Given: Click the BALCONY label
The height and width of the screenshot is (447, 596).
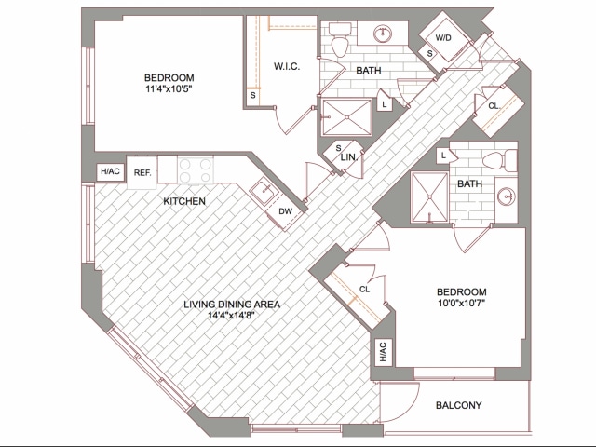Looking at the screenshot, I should pos(458,405).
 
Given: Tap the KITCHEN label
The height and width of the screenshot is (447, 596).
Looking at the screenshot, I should pos(184,201).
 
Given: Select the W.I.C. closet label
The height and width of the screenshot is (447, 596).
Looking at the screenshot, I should pos(285,66).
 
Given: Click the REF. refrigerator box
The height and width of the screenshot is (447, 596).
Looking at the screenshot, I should pos(142,172).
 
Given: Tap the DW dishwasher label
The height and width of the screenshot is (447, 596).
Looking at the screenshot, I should pos(285,211).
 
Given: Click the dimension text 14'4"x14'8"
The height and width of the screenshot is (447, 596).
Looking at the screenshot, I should pos(232,315).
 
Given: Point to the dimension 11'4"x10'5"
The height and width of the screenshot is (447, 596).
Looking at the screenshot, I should pos(169,89).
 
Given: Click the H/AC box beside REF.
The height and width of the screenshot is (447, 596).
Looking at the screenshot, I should pos(111,172).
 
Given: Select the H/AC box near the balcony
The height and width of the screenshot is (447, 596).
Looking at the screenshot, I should pos(383,352).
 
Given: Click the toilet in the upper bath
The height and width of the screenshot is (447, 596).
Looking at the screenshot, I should pos(340,42).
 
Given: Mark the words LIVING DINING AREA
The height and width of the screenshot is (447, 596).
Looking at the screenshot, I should pos(232,303).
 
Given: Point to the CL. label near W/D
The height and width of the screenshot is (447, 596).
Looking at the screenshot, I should pos(494,106).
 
